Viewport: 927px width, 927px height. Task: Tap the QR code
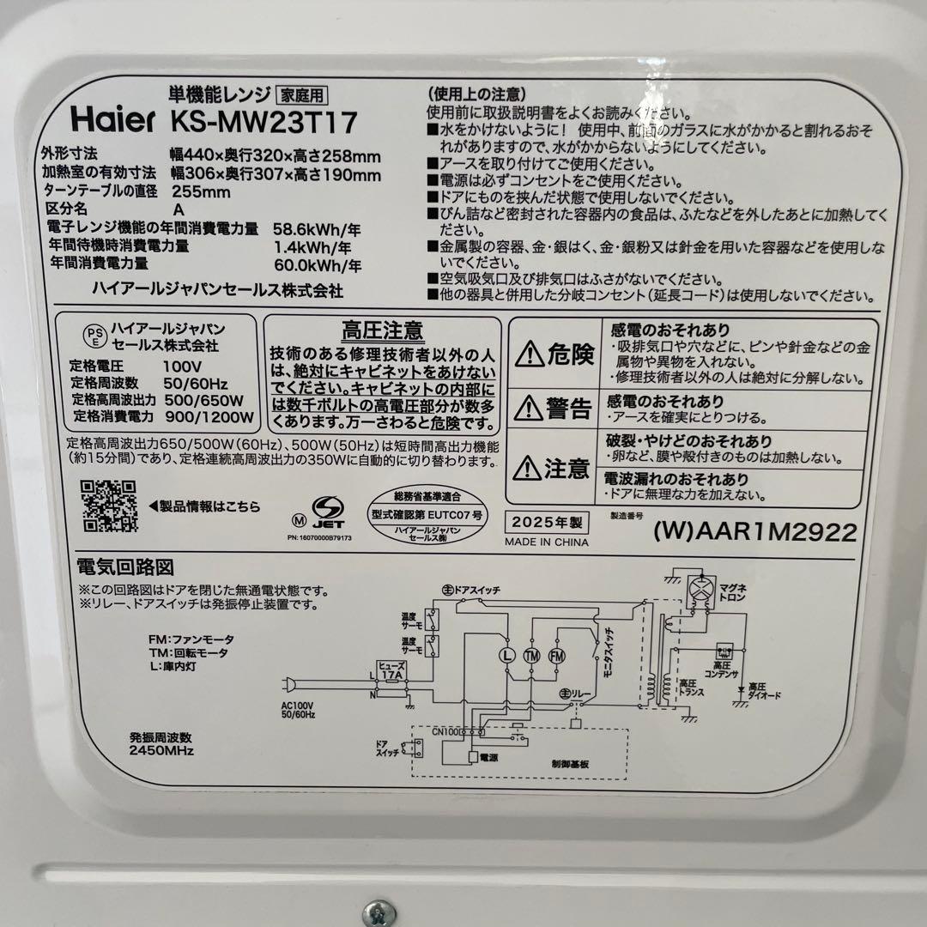109,506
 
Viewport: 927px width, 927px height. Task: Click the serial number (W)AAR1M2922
754,532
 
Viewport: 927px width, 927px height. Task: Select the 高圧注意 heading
382,330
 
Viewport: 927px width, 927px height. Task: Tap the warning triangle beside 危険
529,354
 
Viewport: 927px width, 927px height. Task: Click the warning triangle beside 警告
529,409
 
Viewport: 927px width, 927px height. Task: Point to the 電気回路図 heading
125,567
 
